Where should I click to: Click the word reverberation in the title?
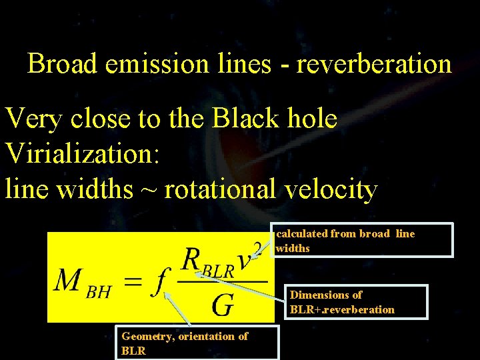[x=374, y=64]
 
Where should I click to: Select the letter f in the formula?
[x=159, y=283]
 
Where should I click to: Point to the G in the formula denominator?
[x=222, y=305]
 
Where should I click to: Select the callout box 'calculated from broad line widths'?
[x=363, y=240]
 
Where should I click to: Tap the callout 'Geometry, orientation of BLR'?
[x=197, y=343]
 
